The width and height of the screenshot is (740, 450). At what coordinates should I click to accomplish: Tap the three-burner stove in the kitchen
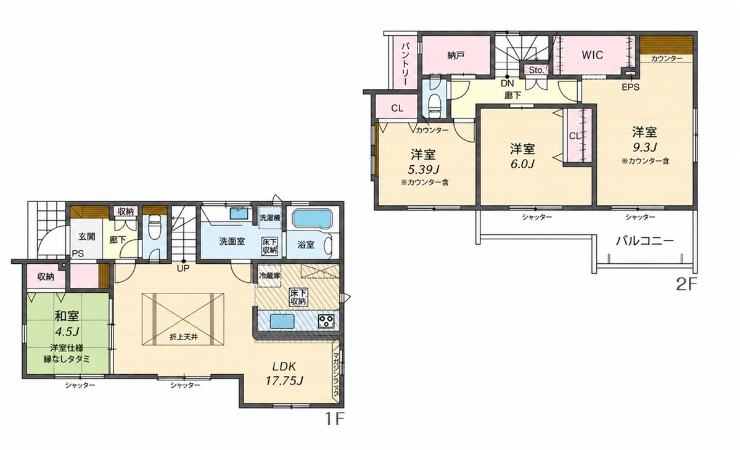[326, 321]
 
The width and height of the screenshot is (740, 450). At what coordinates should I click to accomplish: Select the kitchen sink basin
[282, 321]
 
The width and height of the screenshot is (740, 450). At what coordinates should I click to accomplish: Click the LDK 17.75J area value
[284, 382]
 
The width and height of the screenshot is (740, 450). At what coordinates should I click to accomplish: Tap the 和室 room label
[67, 316]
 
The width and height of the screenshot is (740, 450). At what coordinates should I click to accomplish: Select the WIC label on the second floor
[593, 55]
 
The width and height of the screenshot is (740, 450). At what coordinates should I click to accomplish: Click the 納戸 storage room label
[456, 55]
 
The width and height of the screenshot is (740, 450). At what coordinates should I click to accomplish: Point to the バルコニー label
[644, 241]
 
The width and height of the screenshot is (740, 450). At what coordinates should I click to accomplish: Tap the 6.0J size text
[522, 164]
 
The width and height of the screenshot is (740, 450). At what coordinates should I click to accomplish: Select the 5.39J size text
[423, 170]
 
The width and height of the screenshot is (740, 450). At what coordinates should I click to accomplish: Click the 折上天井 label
[184, 337]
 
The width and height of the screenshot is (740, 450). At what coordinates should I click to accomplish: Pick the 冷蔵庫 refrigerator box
[269, 276]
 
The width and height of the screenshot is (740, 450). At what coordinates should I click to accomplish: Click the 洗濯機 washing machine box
[269, 218]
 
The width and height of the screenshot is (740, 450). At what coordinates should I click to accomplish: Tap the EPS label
[631, 87]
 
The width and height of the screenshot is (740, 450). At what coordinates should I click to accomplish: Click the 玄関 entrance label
[86, 236]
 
